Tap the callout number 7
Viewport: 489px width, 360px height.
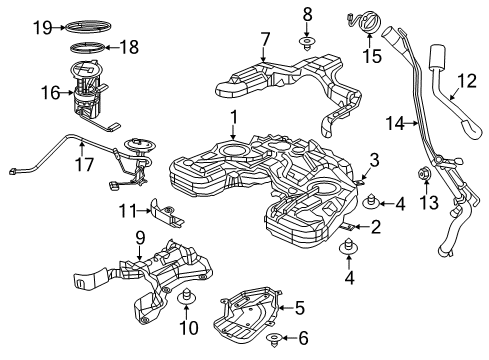click(265, 39)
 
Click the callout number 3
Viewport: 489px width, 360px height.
click(374, 159)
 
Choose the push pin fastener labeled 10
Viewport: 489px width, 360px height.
click(185, 298)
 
